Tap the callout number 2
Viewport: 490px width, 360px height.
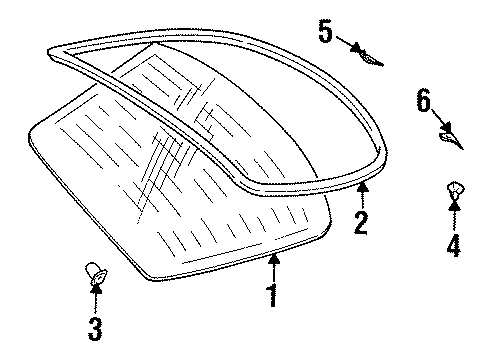coord(360,221)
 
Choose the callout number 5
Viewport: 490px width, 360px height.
coord(325,31)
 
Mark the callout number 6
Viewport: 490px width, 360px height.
coord(423,100)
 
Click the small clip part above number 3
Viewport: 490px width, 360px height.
coord(94,270)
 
